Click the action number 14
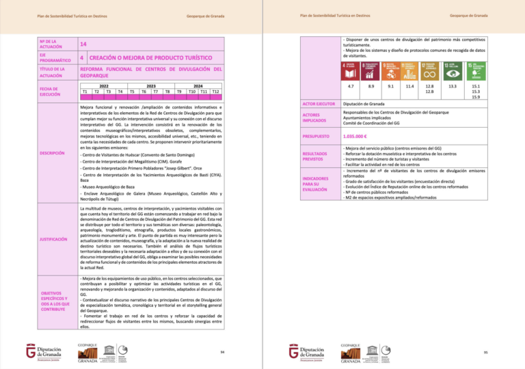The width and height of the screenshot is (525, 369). click(x=83, y=43)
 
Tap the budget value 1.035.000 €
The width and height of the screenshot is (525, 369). click(x=357, y=136)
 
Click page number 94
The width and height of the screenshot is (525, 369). click(x=223, y=352)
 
